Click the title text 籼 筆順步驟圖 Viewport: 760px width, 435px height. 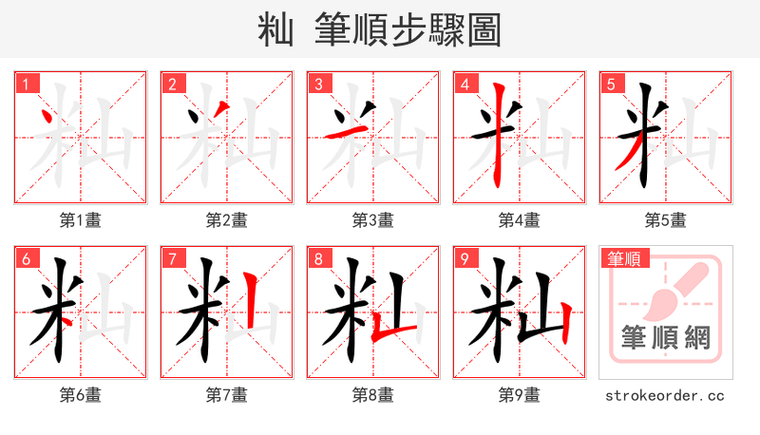(379, 29)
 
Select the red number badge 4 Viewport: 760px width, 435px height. (465, 84)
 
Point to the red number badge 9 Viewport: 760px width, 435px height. (465, 259)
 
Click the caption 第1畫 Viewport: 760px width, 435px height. (81, 220)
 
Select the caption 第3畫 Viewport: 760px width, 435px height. (372, 220)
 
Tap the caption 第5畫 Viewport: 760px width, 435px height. (665, 220)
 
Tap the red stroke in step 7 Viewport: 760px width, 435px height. (249, 302)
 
